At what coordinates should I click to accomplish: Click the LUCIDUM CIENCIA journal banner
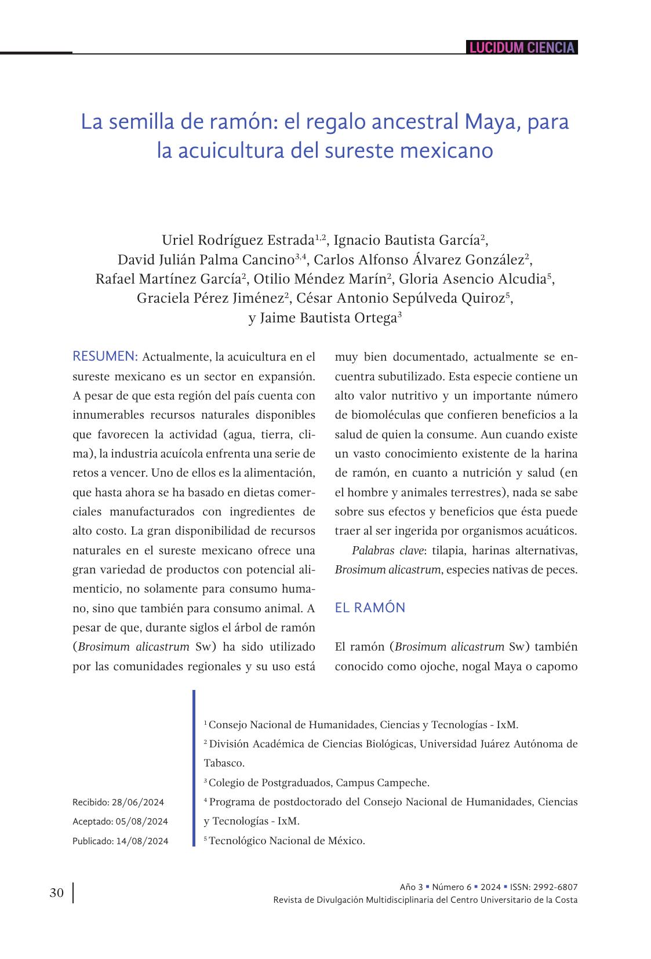pos(522,48)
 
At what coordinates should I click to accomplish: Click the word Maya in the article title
pos(486,122)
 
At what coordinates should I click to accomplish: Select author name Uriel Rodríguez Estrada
pos(237,240)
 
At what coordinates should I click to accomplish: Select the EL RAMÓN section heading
pos(370,608)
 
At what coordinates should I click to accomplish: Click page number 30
pos(57,893)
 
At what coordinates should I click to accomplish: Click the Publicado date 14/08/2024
pos(142,841)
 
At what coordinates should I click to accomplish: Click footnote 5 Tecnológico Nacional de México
pos(286,841)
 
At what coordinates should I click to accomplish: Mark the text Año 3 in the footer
pos(411,887)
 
